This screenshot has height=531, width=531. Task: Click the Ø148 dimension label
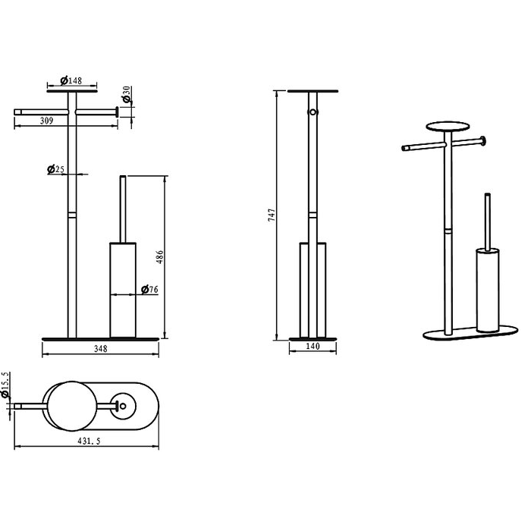coord(71,80)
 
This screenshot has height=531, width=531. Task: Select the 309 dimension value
coord(47,121)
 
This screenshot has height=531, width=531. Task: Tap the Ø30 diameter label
coord(127,94)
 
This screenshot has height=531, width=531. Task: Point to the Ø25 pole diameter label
coord(56,169)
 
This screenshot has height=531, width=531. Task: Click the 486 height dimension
coord(160,257)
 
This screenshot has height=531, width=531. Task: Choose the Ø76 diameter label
coord(149,290)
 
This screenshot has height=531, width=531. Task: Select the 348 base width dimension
coord(101,348)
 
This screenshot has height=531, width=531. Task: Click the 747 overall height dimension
coord(272,215)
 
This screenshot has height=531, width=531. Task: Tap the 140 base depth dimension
coord(313,346)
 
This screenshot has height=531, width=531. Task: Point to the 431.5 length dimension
coord(89,441)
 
